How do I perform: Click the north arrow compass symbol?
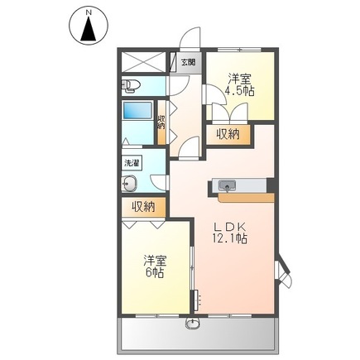[89, 25]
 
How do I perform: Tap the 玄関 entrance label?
[188, 62]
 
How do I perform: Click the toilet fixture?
[133, 85]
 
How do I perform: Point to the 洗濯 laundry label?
[132, 163]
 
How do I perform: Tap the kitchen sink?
[226, 184]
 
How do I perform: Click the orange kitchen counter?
[244, 197]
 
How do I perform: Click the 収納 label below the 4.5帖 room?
[229, 134]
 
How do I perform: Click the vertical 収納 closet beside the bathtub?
[161, 122]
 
